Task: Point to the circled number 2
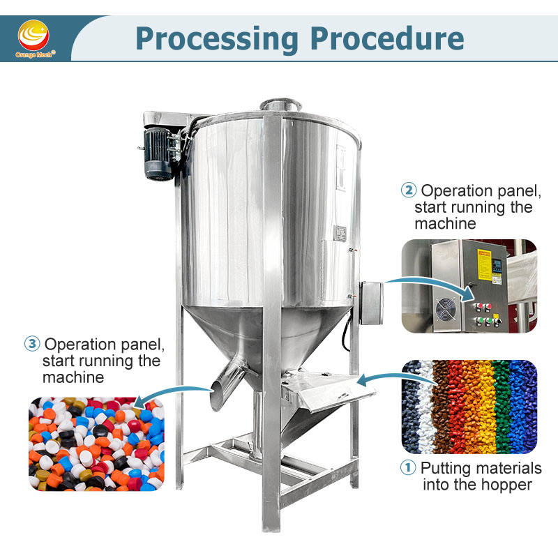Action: point(409,190)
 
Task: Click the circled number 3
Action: point(32,344)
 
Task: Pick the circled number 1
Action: point(409,468)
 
